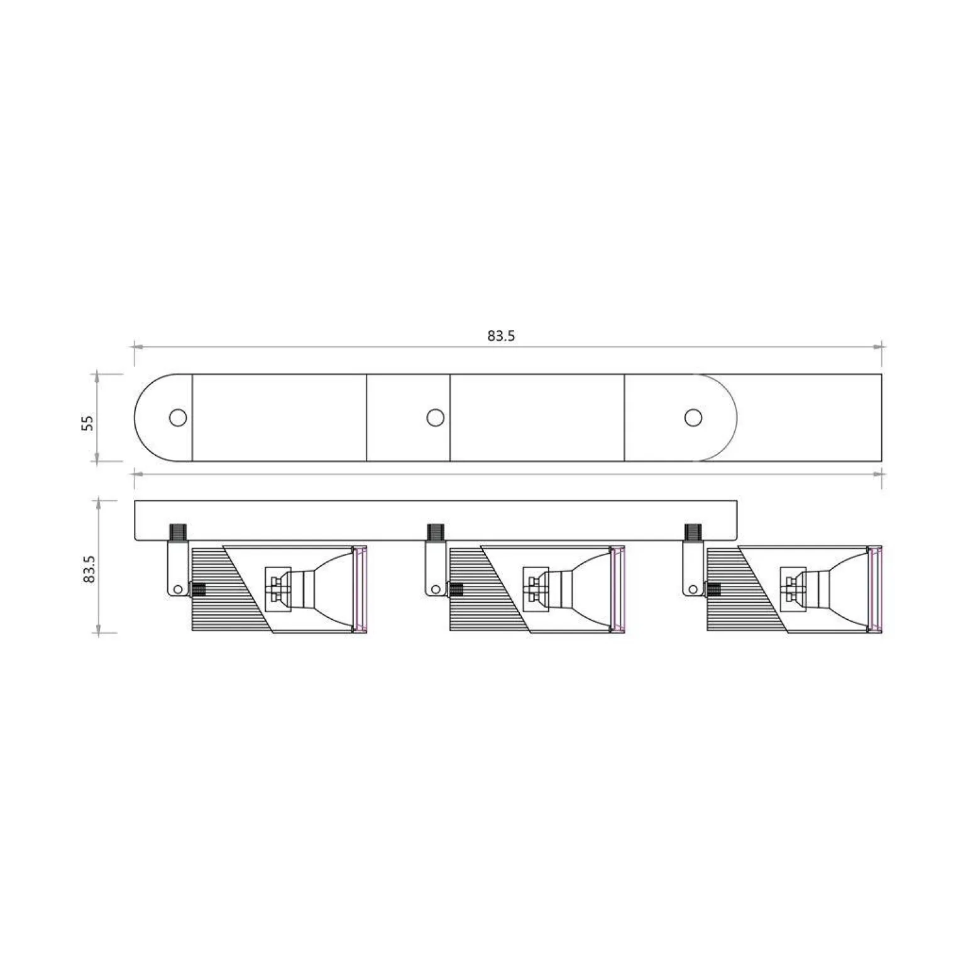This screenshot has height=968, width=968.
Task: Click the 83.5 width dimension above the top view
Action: point(501,336)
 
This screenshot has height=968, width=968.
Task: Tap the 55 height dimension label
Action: point(89,422)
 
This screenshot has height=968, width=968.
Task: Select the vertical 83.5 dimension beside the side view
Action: point(89,569)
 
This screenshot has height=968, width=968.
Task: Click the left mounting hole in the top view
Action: point(178,417)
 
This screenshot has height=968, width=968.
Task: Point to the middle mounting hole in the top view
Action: point(436,417)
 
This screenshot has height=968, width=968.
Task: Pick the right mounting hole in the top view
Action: point(693,417)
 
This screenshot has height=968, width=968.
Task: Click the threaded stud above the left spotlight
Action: point(178,532)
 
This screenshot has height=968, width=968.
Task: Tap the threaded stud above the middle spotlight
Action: point(436,532)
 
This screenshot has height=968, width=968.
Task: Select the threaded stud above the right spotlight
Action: point(693,532)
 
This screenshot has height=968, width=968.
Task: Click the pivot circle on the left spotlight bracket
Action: point(178,589)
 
